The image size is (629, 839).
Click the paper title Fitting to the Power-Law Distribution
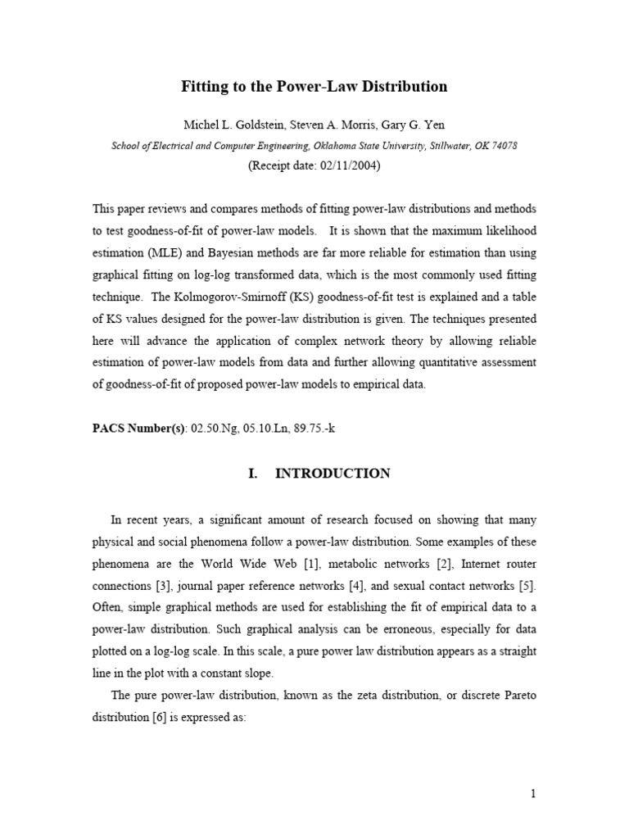coord(314,86)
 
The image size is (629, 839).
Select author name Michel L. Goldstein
coord(232,125)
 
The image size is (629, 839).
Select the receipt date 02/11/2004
coord(343,165)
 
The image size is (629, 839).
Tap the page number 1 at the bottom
coord(533,792)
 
